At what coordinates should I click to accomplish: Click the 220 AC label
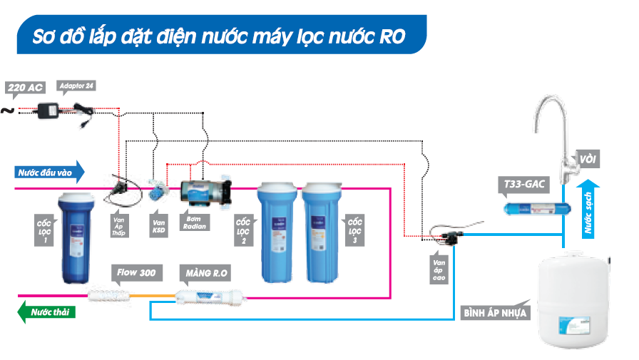[x=26, y=88]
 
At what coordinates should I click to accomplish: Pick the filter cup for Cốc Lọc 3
[x=321, y=232]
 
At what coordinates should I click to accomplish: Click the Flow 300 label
[x=137, y=272]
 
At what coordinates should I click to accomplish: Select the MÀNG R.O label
[x=208, y=272]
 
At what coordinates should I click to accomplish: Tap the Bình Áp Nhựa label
[x=495, y=312]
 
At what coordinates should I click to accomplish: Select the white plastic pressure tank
[x=575, y=299]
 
